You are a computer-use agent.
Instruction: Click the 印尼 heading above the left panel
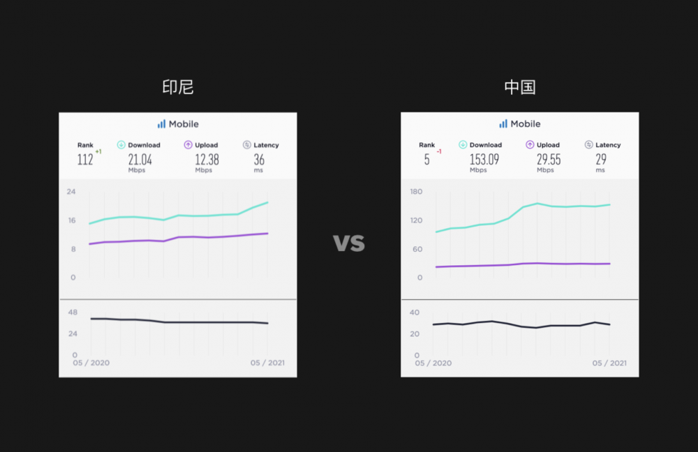pyautogui.click(x=177, y=87)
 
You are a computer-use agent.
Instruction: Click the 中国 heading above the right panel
pyautogui.click(x=520, y=87)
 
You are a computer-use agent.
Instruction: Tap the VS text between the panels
pyautogui.click(x=349, y=243)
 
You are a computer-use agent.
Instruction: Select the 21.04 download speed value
pyautogui.click(x=140, y=160)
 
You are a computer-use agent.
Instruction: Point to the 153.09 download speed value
pyautogui.click(x=484, y=160)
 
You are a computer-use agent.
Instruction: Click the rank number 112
pyautogui.click(x=85, y=160)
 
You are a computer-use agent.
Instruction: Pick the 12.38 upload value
pyautogui.click(x=207, y=160)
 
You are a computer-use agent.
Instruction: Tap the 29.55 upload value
pyautogui.click(x=549, y=160)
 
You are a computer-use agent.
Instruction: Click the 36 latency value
pyautogui.click(x=259, y=160)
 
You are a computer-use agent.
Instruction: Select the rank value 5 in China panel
pyautogui.click(x=426, y=160)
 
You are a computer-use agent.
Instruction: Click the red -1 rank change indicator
pyautogui.click(x=439, y=151)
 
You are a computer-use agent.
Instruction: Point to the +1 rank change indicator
pyautogui.click(x=98, y=151)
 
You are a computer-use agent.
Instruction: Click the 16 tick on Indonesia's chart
pyautogui.click(x=72, y=220)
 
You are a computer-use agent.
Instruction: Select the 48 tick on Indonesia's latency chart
pyautogui.click(x=73, y=312)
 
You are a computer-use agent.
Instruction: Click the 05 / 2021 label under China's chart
pyautogui.click(x=609, y=363)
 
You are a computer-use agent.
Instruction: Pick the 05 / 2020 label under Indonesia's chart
pyautogui.click(x=91, y=363)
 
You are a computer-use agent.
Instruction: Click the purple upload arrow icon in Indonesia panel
pyautogui.click(x=188, y=145)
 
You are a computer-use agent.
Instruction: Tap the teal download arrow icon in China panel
pyautogui.click(x=463, y=145)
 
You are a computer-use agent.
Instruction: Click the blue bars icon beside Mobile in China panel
pyautogui.click(x=503, y=123)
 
